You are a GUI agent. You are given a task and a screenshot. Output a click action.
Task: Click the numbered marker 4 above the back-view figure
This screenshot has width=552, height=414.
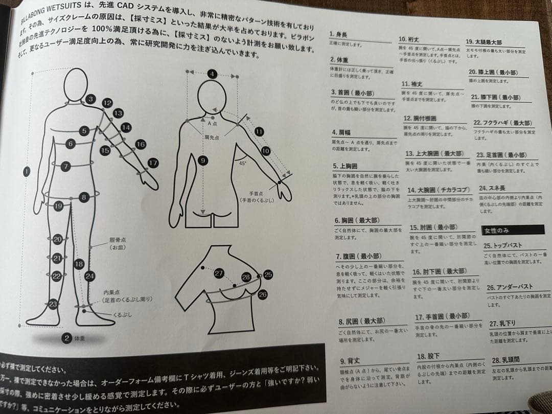212,74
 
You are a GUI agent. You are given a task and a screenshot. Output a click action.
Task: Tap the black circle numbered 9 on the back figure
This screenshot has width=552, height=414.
203,160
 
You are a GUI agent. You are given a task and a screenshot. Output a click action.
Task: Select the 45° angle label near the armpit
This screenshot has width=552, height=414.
242,163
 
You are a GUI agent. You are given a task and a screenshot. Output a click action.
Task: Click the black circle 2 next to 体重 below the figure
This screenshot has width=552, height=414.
66,337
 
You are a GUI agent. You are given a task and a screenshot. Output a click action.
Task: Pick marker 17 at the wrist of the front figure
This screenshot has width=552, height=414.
152,163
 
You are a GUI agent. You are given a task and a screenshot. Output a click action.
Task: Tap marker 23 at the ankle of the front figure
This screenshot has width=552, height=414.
53,304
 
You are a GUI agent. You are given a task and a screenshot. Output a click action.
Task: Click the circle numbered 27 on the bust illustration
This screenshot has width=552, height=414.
219,273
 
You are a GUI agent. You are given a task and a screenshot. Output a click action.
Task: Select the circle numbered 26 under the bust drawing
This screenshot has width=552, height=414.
263,294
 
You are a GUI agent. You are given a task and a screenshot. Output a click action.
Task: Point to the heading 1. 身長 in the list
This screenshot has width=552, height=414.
339,34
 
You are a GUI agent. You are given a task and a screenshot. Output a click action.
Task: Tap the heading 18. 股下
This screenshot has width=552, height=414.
429,356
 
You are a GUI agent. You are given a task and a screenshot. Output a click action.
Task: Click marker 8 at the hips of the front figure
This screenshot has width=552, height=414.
84,197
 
